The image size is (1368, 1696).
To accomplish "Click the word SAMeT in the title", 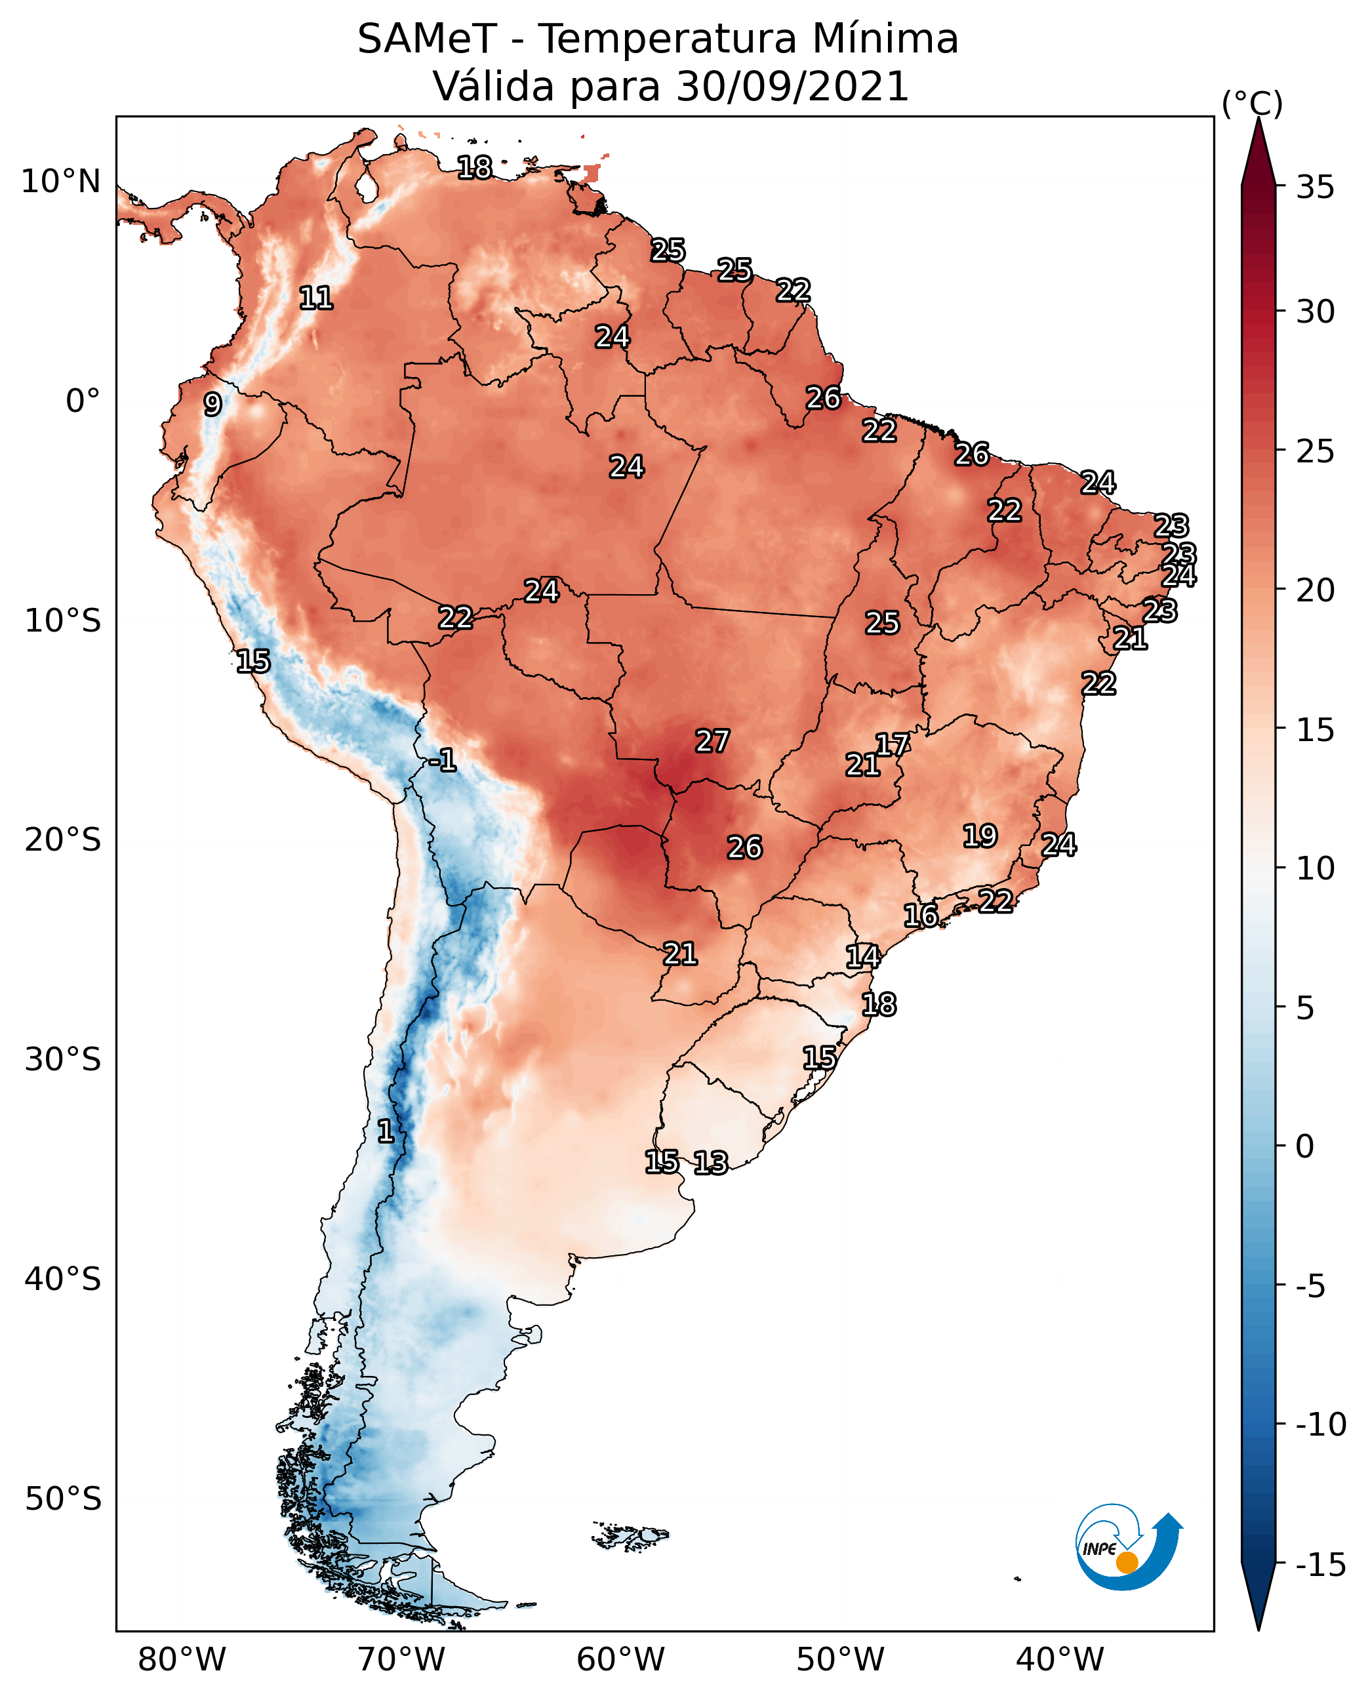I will pos(427,39).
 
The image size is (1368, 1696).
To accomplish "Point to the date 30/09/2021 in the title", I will pos(793,87).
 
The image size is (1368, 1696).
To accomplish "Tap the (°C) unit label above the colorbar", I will pos(1252,103).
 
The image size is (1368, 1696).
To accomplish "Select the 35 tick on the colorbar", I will pos(1315,188).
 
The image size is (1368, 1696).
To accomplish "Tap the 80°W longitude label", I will pos(182,1659).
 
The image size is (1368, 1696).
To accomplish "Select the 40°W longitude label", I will pos(1060,1659).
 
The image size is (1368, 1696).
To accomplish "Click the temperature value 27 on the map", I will pos(712,741).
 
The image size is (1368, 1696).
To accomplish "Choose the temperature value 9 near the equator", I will pos(212,404).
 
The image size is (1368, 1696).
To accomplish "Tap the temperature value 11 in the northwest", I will pos(316,298).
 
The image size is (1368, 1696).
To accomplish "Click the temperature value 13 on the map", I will pos(711,1162).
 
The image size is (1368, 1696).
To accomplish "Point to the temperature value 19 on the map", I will pos(980,836).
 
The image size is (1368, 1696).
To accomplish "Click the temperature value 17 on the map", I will pos(893,744).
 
